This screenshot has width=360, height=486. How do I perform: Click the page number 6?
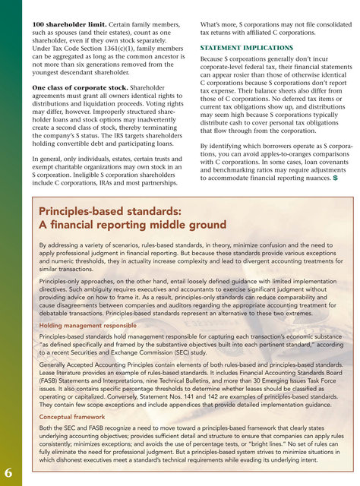tap(7, 472)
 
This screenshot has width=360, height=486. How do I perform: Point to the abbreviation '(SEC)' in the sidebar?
tap(218, 353)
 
